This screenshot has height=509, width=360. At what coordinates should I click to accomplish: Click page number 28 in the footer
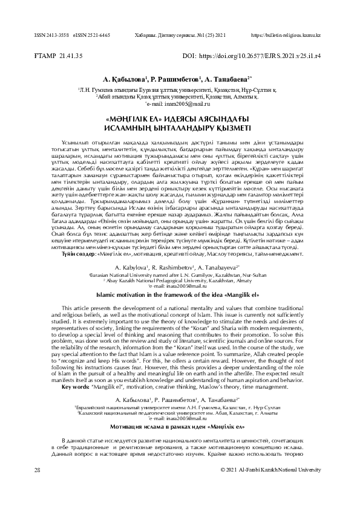[37, 469]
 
